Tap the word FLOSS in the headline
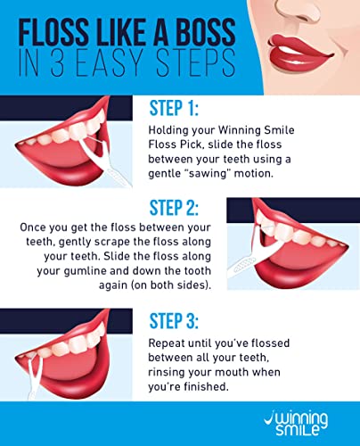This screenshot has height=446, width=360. pyautogui.click(x=53, y=32)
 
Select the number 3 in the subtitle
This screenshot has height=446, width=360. pyautogui.click(x=57, y=63)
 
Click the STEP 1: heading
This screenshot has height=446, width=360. pyautogui.click(x=174, y=108)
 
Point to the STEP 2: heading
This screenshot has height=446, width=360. pyautogui.click(x=174, y=208)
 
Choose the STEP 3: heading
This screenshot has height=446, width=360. pyautogui.click(x=174, y=321)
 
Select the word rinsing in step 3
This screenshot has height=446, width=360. pyautogui.click(x=167, y=372)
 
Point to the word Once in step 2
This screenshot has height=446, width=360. pyautogui.click(x=33, y=227)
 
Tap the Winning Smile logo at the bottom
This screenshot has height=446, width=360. pyautogui.click(x=296, y=424)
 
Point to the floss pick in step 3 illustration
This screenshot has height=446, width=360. pyautogui.click(x=34, y=376)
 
